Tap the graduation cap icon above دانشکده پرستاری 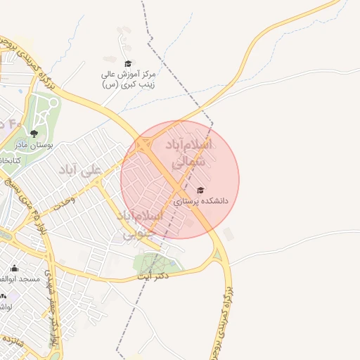click(x=200, y=190)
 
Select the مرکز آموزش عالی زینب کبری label click(x=129, y=79)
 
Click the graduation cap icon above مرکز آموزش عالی click(x=127, y=64)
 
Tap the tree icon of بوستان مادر click(x=33, y=133)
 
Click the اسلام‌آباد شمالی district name click(x=190, y=153)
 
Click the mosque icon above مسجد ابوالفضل click(x=15, y=268)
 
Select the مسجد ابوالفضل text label click(x=13, y=279)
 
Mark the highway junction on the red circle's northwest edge click(x=143, y=145)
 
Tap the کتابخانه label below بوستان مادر click(x=8, y=160)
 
